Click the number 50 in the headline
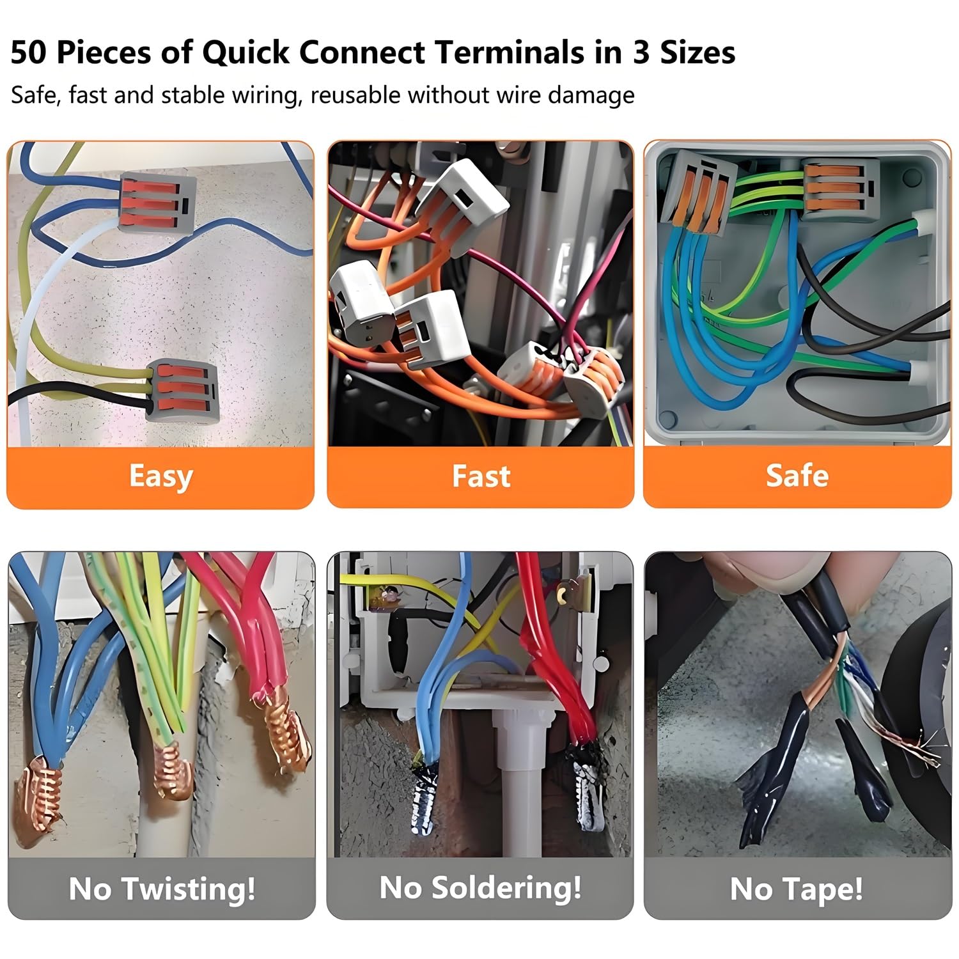tap(29, 52)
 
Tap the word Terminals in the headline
tap(505, 52)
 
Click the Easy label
tap(160, 476)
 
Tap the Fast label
tap(481, 476)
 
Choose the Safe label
tap(797, 476)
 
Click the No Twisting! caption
tap(162, 888)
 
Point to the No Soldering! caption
tap(480, 887)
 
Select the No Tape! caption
tap(797, 889)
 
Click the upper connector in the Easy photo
tap(157, 201)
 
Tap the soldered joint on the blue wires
tap(425, 799)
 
